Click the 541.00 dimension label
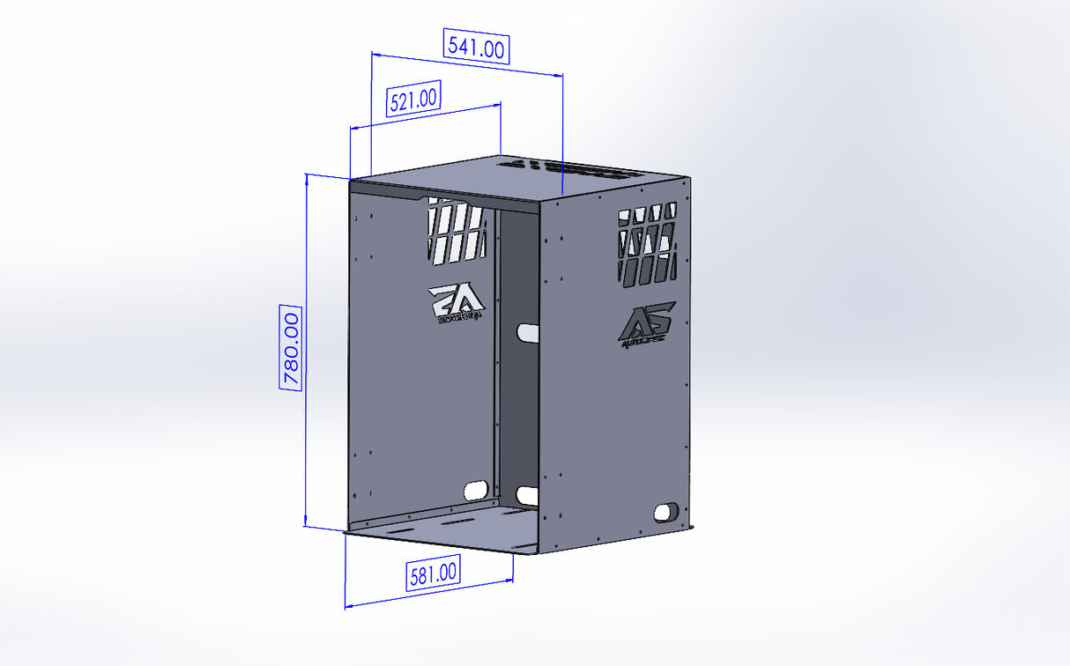pyautogui.click(x=477, y=47)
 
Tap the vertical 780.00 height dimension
pyautogui.click(x=291, y=347)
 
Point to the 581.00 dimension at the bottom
pyautogui.click(x=433, y=574)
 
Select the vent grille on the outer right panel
pyautogui.click(x=648, y=244)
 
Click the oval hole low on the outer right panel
pyautogui.click(x=667, y=511)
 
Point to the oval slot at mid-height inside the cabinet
pyautogui.click(x=528, y=332)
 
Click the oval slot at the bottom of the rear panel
pyautogui.click(x=527, y=496)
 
